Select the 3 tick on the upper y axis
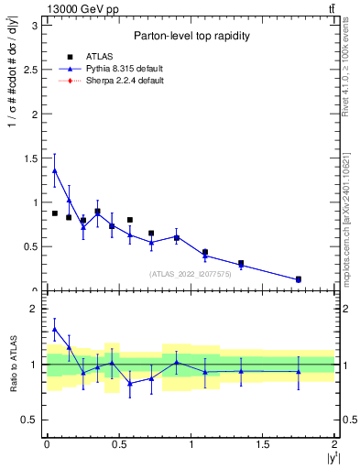point(35,26)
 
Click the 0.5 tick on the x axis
point(118,444)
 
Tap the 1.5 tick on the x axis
point(263,444)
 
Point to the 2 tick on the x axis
point(335,444)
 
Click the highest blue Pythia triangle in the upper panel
point(55,170)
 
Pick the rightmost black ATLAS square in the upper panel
point(299,278)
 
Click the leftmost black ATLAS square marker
point(55,213)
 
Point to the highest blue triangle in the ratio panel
point(55,329)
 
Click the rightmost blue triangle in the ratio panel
point(299,371)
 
